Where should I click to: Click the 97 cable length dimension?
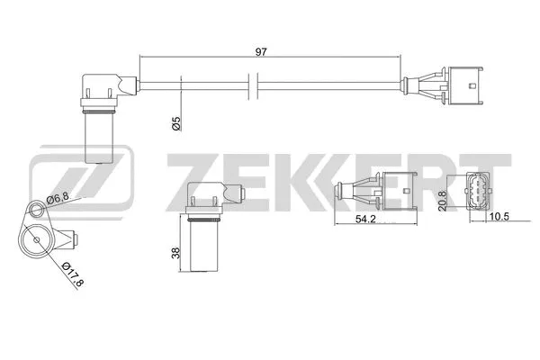pyautogui.click(x=261, y=52)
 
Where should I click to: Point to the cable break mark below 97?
pyautogui.click(x=256, y=87)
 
